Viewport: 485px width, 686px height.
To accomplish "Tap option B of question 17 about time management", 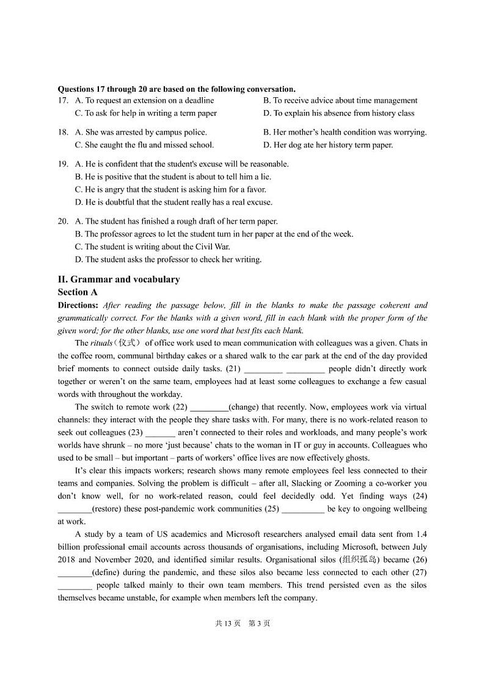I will click(x=340, y=100).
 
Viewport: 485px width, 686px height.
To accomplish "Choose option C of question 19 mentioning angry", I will click(x=170, y=190).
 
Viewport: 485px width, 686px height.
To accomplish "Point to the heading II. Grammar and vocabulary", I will click(x=119, y=279).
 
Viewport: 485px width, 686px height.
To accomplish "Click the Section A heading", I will click(x=78, y=292).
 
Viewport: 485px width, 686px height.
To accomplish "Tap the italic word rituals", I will click(x=101, y=343).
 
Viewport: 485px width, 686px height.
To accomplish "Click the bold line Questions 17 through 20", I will click(x=177, y=89).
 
